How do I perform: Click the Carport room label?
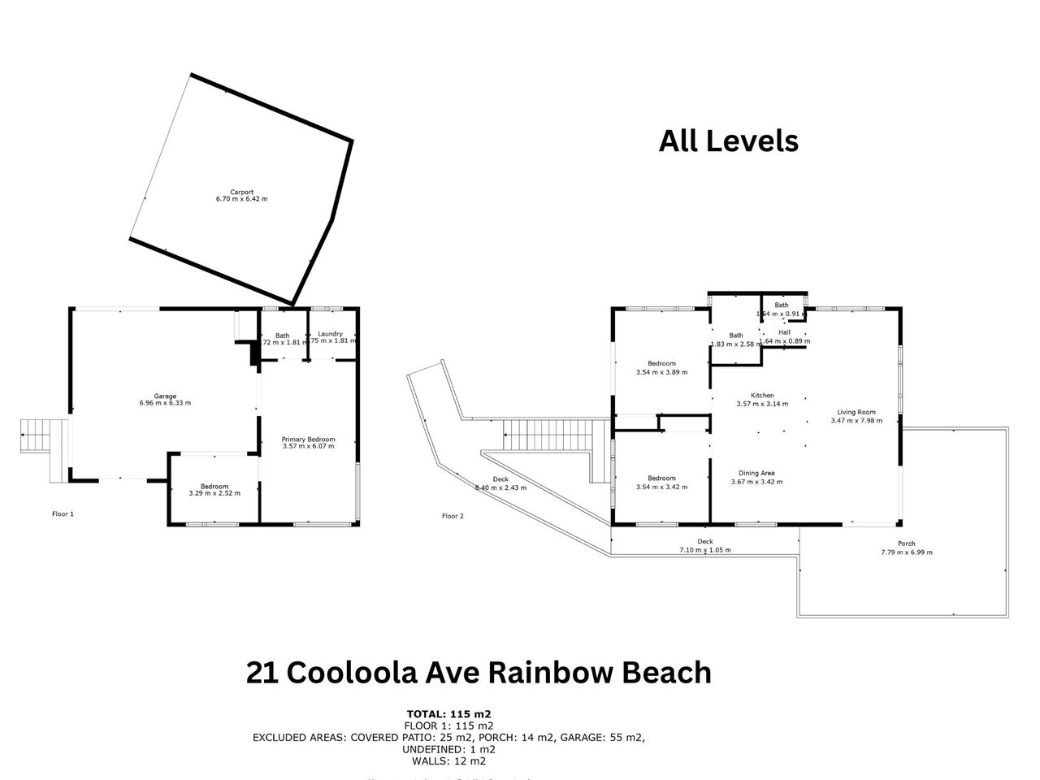click(x=241, y=193)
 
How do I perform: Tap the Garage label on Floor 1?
click(x=166, y=396)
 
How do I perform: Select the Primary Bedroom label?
click(x=309, y=440)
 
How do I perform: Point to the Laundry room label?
click(x=331, y=334)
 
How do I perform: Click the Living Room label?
click(x=853, y=412)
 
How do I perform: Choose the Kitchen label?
click(x=762, y=396)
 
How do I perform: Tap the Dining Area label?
click(x=756, y=473)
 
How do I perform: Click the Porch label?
click(x=906, y=544)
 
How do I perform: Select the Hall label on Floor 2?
click(x=784, y=332)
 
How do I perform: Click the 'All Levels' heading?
click(x=728, y=141)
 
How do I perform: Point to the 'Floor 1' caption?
click(x=63, y=513)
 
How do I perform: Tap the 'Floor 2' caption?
click(x=453, y=516)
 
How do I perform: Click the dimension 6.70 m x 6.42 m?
click(x=241, y=199)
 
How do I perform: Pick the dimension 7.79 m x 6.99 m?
click(x=906, y=552)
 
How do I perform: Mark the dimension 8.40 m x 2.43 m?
click(x=500, y=487)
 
